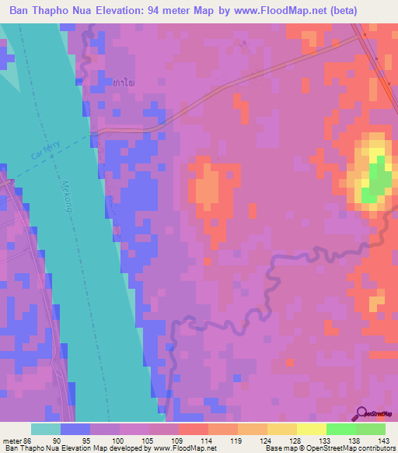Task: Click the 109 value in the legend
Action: [x=178, y=441]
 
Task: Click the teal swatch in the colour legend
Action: [x=46, y=429]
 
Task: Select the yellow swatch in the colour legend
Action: [x=310, y=429]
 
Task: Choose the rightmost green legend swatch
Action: [x=371, y=429]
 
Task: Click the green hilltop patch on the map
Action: [x=378, y=175]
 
